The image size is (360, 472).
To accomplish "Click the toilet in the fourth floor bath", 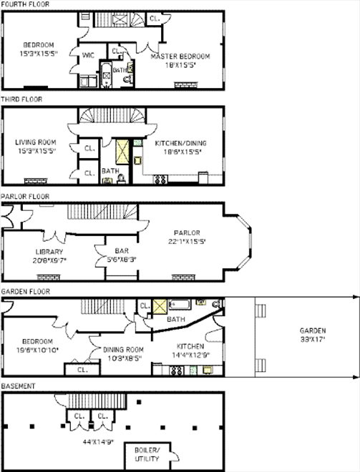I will tap(130, 79).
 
